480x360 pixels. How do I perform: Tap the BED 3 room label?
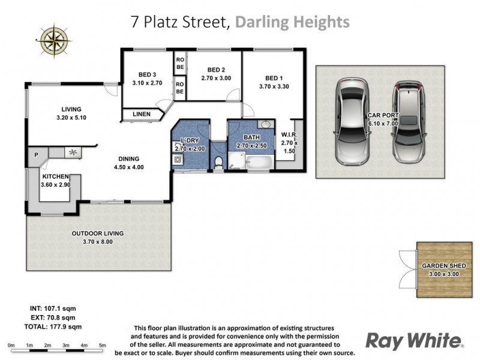(x=147, y=75)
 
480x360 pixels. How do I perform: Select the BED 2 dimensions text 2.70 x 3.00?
(x=216, y=78)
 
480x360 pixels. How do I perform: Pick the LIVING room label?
(x=71, y=109)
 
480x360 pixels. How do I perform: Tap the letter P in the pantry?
(x=36, y=155)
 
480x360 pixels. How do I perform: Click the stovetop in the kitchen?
(x=73, y=153)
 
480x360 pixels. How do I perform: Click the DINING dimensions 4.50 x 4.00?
(x=129, y=167)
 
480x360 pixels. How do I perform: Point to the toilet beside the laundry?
(x=218, y=160)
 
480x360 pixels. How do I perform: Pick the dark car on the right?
(x=409, y=121)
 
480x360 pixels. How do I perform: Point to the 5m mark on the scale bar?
(x=103, y=346)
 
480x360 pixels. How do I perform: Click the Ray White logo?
(x=415, y=341)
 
